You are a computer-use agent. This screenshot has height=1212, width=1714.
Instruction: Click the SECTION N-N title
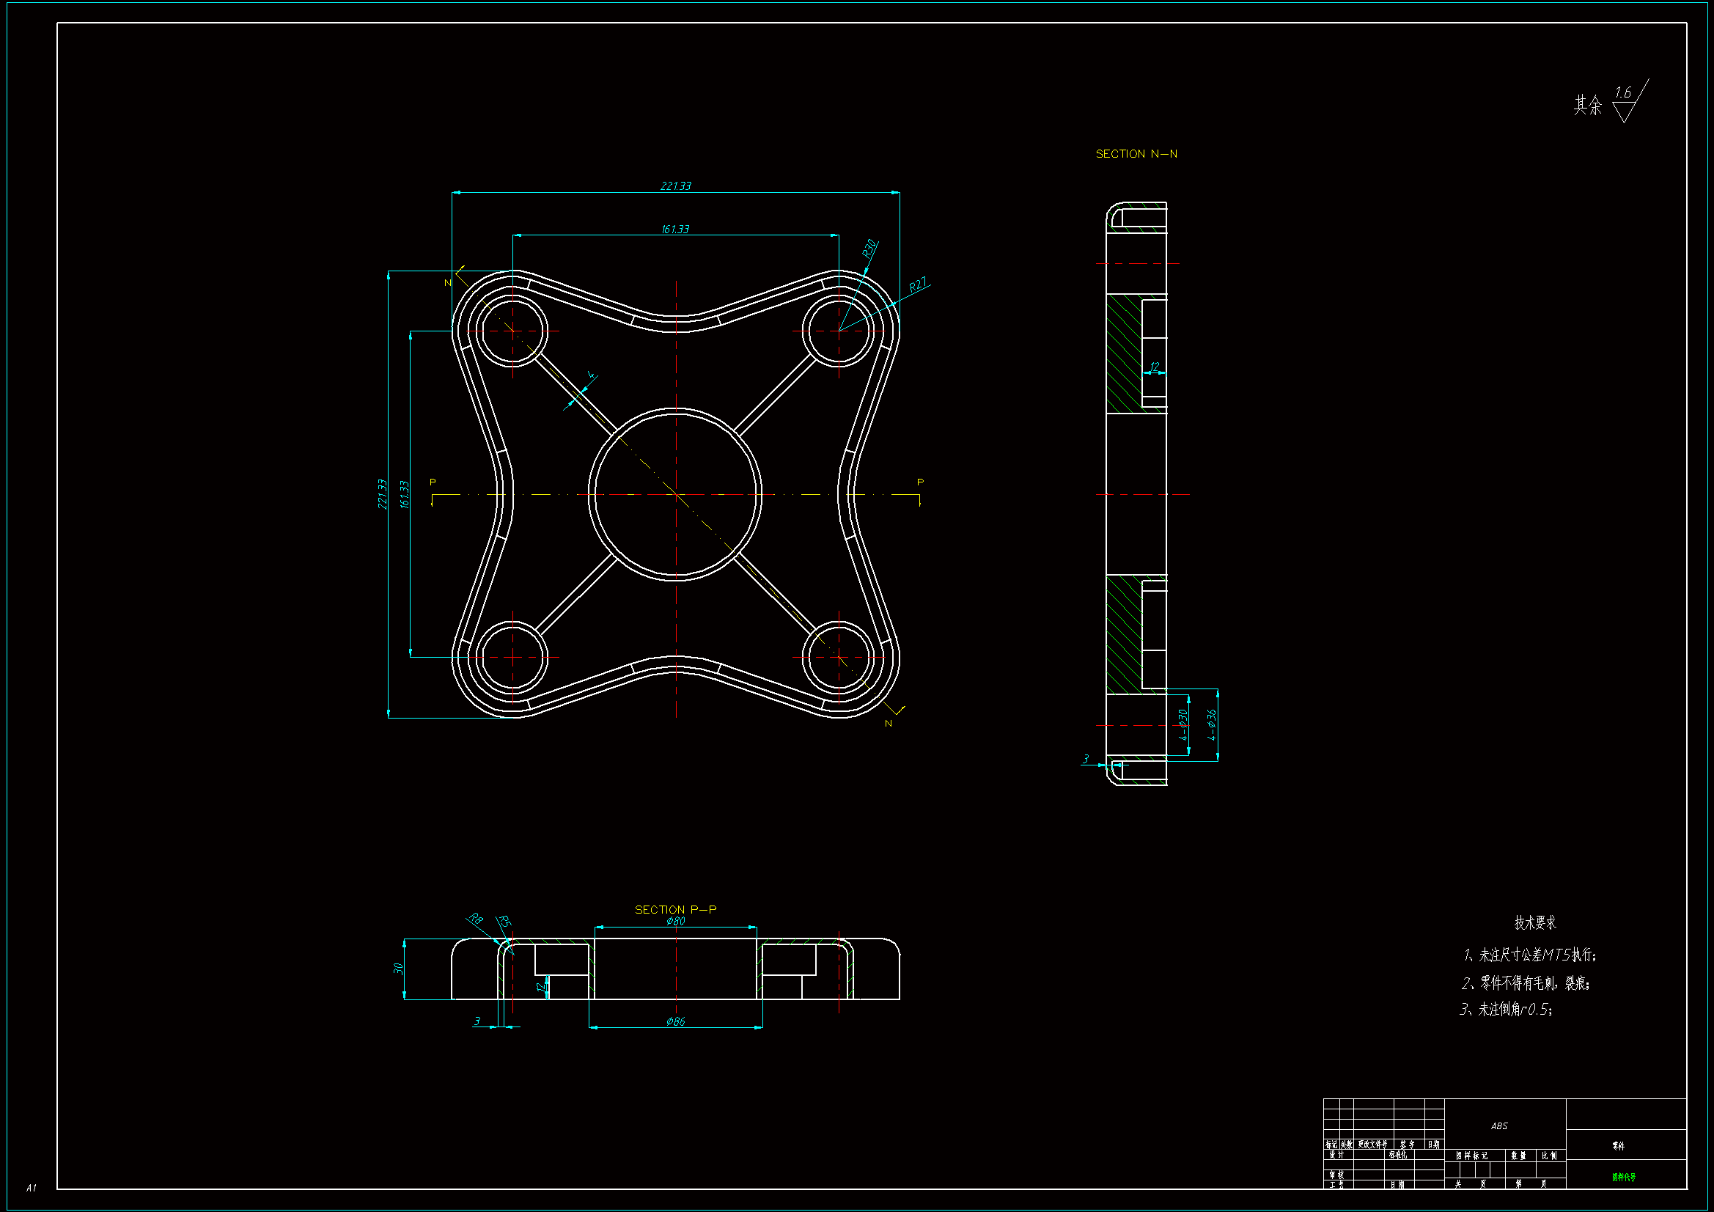click(1136, 154)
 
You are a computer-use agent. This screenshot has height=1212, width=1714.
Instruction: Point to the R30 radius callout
click(869, 249)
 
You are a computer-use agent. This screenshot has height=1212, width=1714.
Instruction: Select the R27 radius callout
click(918, 284)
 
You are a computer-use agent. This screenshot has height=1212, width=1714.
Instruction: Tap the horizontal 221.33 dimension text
click(676, 186)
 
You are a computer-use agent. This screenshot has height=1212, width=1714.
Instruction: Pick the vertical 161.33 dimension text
click(405, 494)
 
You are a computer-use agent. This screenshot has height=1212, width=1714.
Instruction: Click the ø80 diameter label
click(676, 921)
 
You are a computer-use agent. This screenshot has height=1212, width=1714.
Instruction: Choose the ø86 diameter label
click(676, 1021)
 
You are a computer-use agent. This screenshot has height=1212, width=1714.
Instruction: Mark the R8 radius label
click(476, 919)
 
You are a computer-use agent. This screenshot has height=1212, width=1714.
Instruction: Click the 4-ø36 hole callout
click(1211, 724)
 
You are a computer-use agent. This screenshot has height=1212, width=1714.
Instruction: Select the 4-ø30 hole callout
click(1183, 724)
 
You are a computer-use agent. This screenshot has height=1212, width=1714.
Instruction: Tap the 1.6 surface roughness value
click(1622, 92)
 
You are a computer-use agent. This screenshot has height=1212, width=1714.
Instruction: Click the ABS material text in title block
click(1499, 1125)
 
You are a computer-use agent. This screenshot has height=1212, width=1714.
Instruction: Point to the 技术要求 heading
click(1535, 922)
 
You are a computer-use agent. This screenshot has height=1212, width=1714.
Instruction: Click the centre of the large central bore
click(676, 494)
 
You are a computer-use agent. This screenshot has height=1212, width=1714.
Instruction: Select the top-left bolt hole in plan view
click(513, 330)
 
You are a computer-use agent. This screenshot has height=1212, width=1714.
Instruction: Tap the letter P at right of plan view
click(920, 482)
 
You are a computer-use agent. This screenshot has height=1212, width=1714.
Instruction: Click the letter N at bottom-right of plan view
click(889, 723)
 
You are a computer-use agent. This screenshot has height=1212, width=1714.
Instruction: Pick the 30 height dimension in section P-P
click(398, 969)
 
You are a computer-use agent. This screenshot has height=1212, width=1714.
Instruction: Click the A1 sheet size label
click(31, 1187)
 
